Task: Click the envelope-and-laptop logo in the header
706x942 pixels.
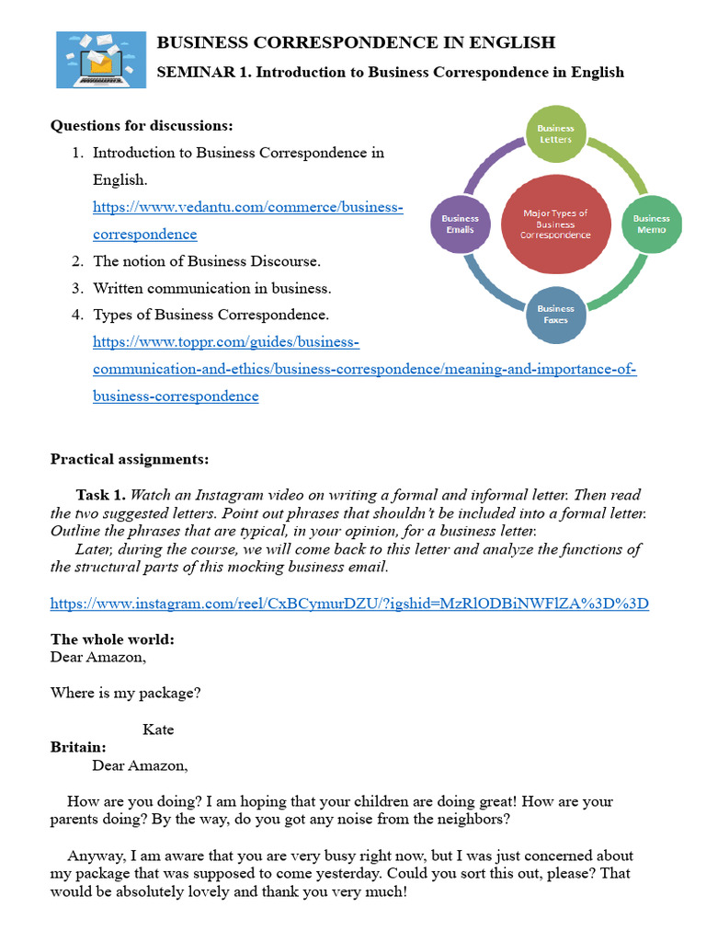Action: (x=101, y=59)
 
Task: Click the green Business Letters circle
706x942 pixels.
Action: (x=555, y=134)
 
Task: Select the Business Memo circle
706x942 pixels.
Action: (x=651, y=224)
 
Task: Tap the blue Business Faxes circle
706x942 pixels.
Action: (x=555, y=314)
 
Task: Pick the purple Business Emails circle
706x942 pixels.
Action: (x=460, y=224)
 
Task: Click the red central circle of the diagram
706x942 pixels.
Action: (x=555, y=224)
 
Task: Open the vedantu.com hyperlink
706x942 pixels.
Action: (x=247, y=207)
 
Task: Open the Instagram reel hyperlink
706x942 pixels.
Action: (x=349, y=603)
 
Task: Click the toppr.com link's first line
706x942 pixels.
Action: (x=225, y=342)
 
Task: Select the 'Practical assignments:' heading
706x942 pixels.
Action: (x=130, y=458)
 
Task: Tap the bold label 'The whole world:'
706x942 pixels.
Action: (x=112, y=639)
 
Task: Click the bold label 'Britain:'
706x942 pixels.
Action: (x=78, y=747)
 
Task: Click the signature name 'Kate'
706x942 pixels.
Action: (x=158, y=729)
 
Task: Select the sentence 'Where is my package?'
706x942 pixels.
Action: (x=125, y=694)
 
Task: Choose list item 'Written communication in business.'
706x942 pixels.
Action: (x=211, y=288)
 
